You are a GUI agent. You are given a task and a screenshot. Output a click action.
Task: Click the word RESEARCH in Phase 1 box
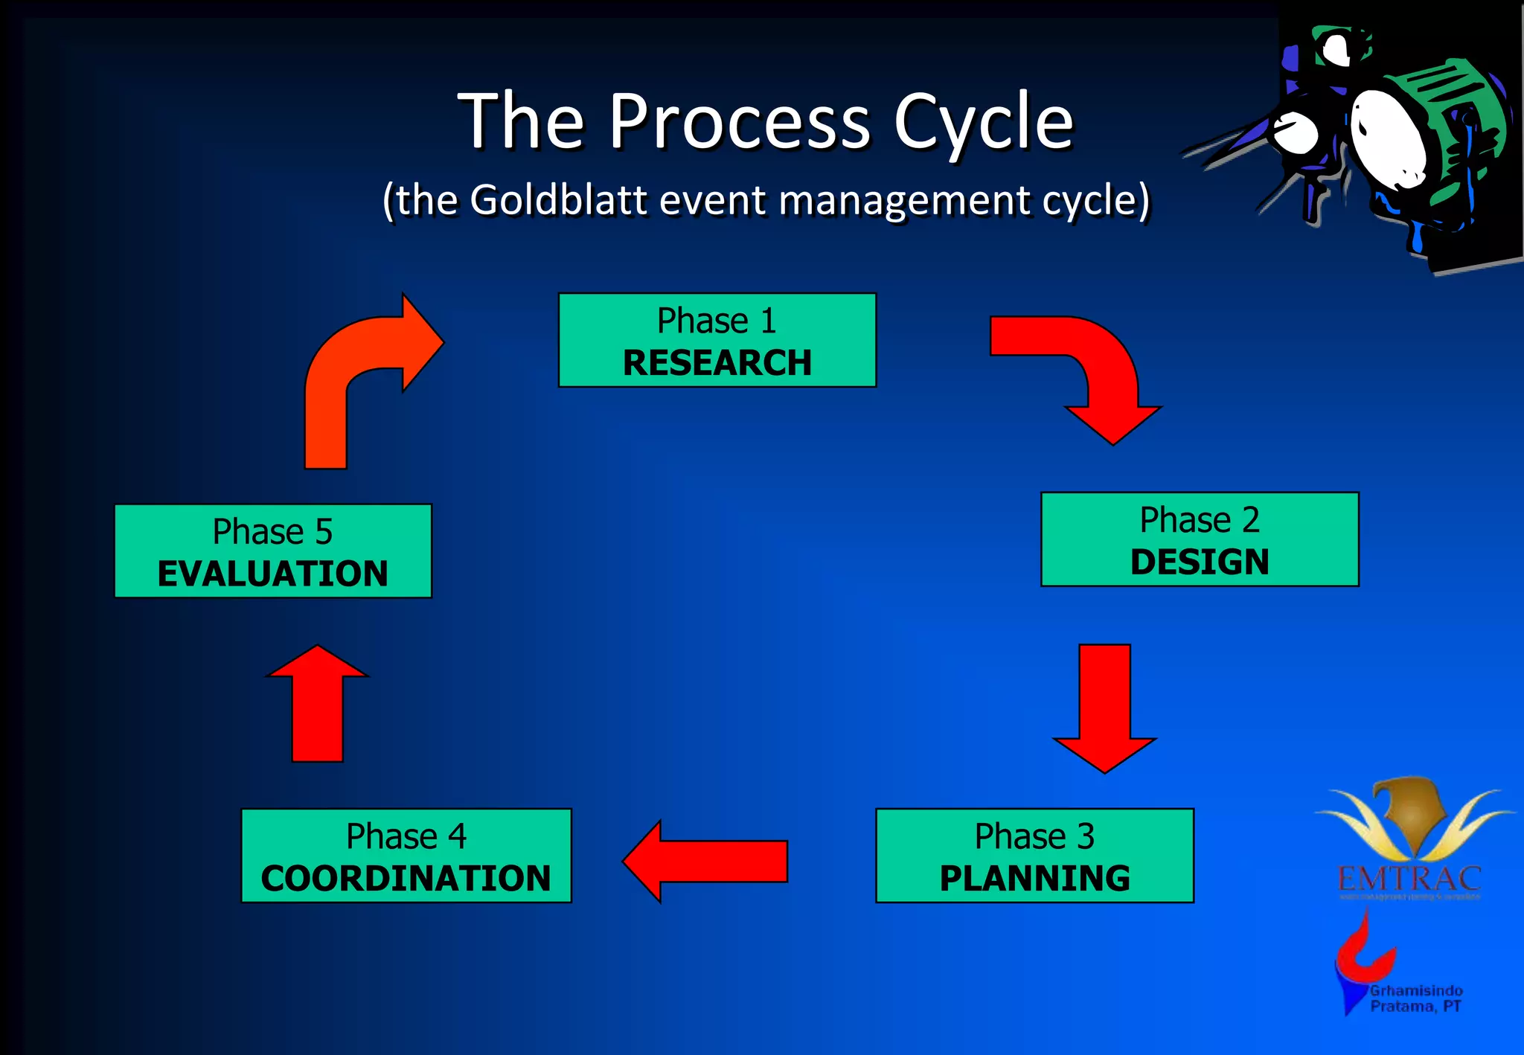[717, 363]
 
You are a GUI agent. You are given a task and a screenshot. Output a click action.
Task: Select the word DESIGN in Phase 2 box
[1199, 562]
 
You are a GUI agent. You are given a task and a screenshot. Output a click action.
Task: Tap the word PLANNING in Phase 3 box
[1034, 878]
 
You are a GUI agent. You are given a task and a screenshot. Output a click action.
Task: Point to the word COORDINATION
[406, 878]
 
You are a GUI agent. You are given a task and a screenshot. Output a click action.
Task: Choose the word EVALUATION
[272, 574]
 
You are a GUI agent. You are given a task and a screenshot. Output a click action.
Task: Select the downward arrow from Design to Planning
[1105, 707]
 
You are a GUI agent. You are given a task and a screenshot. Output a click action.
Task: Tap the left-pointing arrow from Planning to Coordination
[707, 861]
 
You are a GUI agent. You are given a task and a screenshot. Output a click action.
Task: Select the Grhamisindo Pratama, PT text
[1416, 998]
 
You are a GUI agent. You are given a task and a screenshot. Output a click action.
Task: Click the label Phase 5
[272, 532]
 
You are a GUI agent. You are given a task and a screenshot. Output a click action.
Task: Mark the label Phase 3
[1034, 836]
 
